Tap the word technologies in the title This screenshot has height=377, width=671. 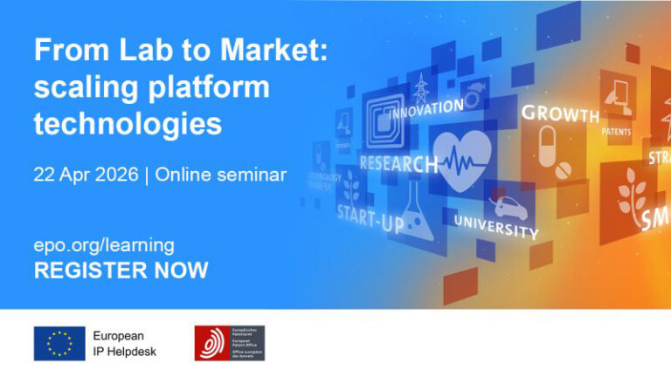(128, 123)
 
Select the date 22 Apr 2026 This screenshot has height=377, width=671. (86, 174)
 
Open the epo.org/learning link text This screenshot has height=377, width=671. (104, 244)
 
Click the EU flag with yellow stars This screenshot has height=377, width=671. (59, 343)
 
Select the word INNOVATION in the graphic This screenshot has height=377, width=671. (425, 110)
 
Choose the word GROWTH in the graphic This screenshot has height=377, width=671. (560, 113)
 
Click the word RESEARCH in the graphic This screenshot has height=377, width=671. (398, 164)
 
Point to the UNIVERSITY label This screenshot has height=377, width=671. (495, 227)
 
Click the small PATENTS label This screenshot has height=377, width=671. (616, 132)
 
